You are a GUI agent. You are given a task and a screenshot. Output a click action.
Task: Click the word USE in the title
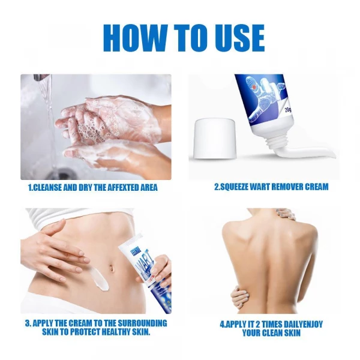(233, 37)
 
